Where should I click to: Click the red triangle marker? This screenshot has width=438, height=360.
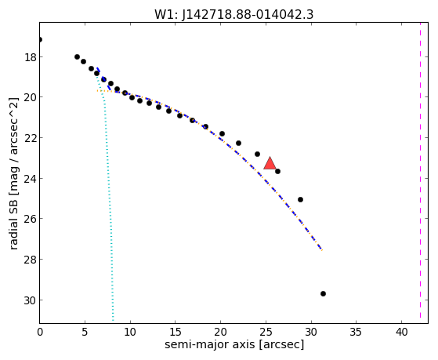click(x=270, y=164)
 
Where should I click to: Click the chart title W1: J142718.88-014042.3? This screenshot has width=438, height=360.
click(x=233, y=15)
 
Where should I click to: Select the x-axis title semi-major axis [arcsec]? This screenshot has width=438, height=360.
click(x=234, y=344)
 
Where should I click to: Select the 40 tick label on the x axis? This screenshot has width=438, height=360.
click(x=401, y=332)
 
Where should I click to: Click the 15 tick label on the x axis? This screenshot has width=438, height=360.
click(x=176, y=332)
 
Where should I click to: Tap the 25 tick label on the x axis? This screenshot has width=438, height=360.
click(x=266, y=332)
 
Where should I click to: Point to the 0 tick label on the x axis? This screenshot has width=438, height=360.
click(x=40, y=332)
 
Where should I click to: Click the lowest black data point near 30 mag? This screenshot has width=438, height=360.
click(x=323, y=293)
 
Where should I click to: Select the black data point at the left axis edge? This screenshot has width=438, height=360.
click(x=40, y=40)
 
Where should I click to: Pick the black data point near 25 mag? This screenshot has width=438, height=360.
click(x=300, y=199)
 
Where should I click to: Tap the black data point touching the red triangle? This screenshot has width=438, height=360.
click(x=277, y=171)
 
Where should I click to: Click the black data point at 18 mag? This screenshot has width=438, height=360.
click(x=77, y=56)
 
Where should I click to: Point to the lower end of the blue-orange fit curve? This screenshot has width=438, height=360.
click(x=322, y=250)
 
